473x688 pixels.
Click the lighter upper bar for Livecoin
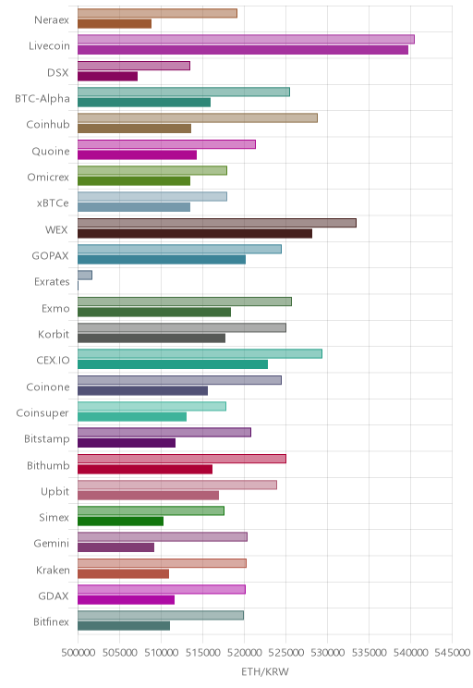(246, 40)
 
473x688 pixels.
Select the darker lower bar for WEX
(195, 233)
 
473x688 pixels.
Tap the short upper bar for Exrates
(85, 276)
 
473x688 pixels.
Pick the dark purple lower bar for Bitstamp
(127, 443)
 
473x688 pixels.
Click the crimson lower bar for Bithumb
(145, 469)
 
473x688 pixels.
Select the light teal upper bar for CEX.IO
(200, 353)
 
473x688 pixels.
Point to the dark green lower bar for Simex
(120, 522)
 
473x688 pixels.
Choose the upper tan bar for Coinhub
(198, 118)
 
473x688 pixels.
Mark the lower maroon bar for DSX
(108, 77)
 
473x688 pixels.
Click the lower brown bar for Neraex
(115, 24)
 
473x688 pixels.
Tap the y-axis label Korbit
(54, 335)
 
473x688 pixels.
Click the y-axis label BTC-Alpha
(42, 99)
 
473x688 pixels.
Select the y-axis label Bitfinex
(52, 621)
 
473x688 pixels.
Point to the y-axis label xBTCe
(53, 203)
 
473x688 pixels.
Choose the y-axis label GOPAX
(51, 256)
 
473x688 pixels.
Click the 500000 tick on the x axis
(78, 653)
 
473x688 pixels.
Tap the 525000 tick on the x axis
(285, 653)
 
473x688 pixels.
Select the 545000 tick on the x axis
(452, 653)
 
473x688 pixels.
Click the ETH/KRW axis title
(265, 671)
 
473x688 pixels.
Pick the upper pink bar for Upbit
(177, 485)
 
